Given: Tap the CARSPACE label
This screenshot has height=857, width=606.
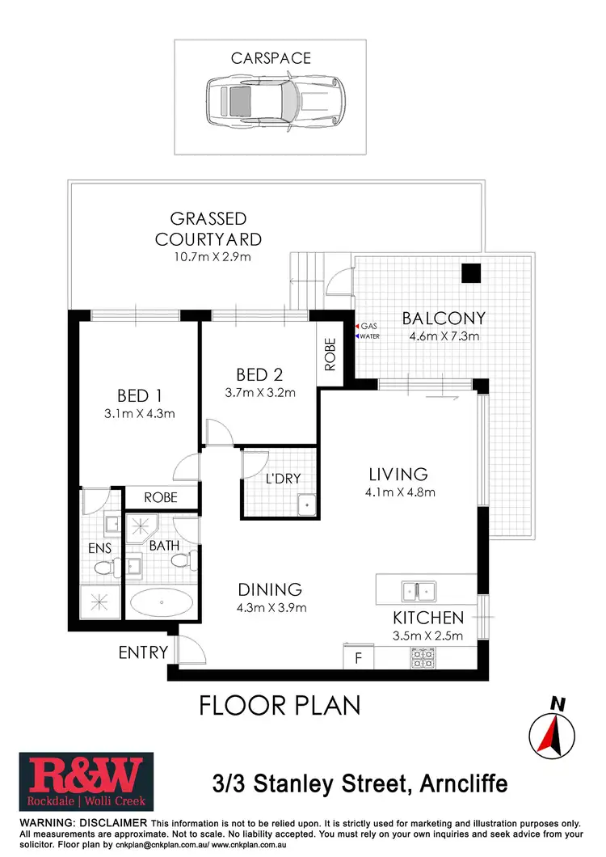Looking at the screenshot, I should point(270,59).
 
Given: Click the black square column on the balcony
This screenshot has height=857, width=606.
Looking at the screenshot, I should point(471,274).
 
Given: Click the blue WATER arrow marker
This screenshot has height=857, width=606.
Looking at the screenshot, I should point(358,336).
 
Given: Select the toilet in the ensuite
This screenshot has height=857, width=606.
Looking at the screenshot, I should point(102,568).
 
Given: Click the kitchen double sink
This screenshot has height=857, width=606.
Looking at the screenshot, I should point(420,590).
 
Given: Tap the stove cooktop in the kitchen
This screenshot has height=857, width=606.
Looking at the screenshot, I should point(423,656).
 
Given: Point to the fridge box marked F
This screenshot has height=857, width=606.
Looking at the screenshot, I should point(357,657).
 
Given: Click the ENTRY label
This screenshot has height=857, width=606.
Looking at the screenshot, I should point(143,652).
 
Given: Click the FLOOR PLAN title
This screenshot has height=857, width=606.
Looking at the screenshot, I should point(280,705).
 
